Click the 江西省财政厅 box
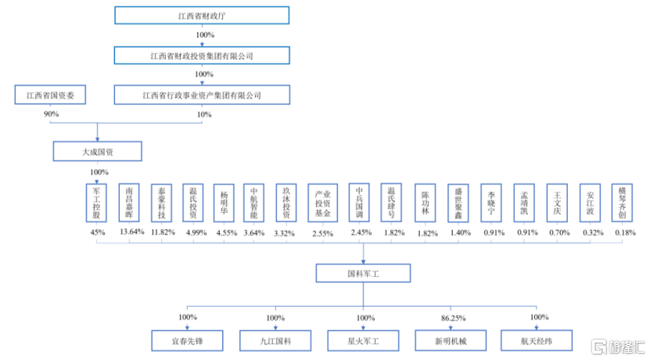pos(202,16)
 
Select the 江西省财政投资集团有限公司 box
pos(202,56)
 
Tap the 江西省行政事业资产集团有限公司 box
pos(202,95)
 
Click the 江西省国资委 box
pos(51,95)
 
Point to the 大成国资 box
pos(97,150)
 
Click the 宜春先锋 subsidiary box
pos(187,341)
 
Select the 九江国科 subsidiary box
pos(275,341)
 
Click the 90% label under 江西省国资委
pos(51,114)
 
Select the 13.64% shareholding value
pos(131,232)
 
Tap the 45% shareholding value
pos(97,232)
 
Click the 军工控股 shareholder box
pos(97,203)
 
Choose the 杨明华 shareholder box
pos(224,203)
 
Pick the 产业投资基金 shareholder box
pos(321,203)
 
